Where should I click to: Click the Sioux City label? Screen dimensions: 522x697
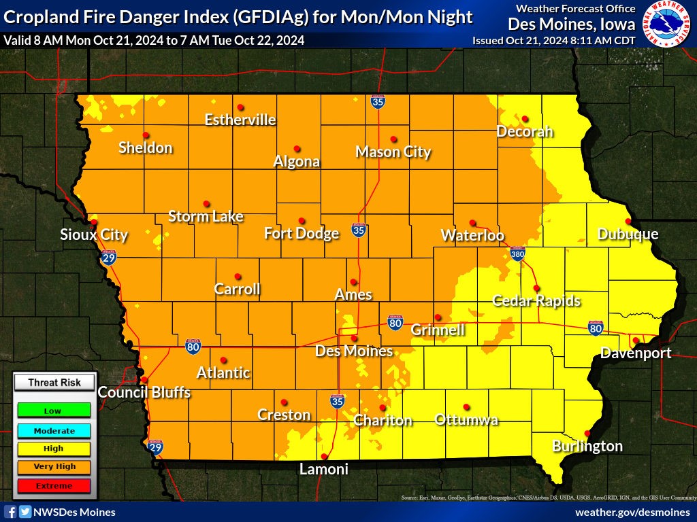click(x=94, y=235)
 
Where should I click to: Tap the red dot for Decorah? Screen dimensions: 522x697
click(x=525, y=118)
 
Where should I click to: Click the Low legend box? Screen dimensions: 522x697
click(x=52, y=411)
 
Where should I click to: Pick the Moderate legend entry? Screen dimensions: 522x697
click(x=52, y=430)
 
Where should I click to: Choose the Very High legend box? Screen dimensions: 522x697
click(x=52, y=467)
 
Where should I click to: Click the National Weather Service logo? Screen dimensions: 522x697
click(x=666, y=24)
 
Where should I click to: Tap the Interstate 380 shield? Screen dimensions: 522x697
click(x=518, y=254)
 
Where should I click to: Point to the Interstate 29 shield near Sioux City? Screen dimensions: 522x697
click(x=108, y=257)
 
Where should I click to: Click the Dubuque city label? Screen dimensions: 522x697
click(x=628, y=234)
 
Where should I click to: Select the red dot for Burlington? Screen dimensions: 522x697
click(x=587, y=433)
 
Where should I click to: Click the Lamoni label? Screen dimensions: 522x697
click(x=324, y=469)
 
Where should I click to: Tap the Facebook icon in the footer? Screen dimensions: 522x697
click(x=10, y=512)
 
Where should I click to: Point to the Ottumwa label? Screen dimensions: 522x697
click(x=466, y=419)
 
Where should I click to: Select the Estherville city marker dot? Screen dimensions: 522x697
click(x=240, y=107)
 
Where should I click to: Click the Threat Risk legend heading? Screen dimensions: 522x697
click(x=54, y=383)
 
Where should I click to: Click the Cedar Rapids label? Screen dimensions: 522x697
click(x=536, y=300)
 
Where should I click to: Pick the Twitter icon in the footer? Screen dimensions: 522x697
click(x=25, y=512)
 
